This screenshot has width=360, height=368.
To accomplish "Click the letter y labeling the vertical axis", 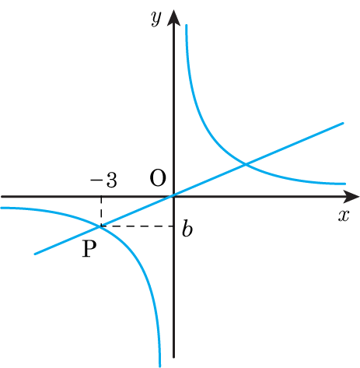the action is pyautogui.click(x=156, y=19).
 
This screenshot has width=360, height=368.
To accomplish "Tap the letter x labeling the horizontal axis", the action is pyautogui.click(x=344, y=216).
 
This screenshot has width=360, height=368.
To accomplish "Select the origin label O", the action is pyautogui.click(x=158, y=178).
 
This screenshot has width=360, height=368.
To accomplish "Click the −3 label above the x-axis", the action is pyautogui.click(x=103, y=180).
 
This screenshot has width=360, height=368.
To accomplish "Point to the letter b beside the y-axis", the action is pyautogui.click(x=187, y=228).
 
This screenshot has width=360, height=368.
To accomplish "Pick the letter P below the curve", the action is pyautogui.click(x=89, y=248).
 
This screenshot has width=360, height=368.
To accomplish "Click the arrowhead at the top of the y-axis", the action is pyautogui.click(x=173, y=18).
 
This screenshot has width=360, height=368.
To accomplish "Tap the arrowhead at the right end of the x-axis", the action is pyautogui.click(x=351, y=197).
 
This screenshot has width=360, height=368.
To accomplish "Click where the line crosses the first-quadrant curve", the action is pyautogui.click(x=245, y=164).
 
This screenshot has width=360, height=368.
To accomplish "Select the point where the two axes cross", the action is pyautogui.click(x=173, y=197).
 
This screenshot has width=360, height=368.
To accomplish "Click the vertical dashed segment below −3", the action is pyautogui.click(x=101, y=212).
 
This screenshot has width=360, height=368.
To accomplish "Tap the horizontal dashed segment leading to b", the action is pyautogui.click(x=137, y=226).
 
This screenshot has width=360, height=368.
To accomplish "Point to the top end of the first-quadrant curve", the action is pyautogui.click(x=187, y=25).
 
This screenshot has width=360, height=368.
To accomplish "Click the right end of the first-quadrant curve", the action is pyautogui.click(x=345, y=184).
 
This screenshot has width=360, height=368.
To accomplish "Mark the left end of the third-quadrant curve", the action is pyautogui.click(x=2, y=208).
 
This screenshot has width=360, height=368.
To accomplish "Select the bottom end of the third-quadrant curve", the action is pyautogui.click(x=159, y=366).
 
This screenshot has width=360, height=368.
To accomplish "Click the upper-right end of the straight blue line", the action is pyautogui.click(x=343, y=123).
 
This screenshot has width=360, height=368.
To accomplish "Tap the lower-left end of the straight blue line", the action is pyautogui.click(x=35, y=254).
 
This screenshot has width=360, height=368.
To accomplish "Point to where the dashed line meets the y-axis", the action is pyautogui.click(x=173, y=226).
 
